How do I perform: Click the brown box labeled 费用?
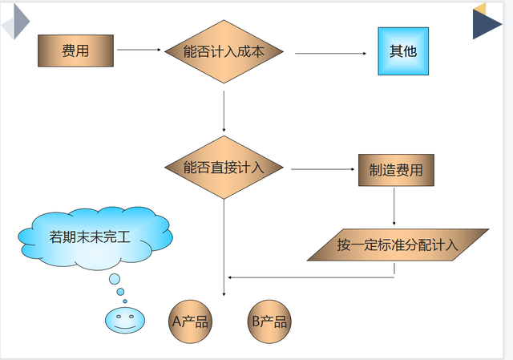click(75, 51)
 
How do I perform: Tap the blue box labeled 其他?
click(403, 51)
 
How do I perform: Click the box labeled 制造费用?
click(396, 170)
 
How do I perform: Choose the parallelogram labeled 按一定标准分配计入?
click(398, 245)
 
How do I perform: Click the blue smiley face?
click(123, 320)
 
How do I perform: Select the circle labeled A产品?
click(190, 322)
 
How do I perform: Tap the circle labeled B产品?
click(269, 322)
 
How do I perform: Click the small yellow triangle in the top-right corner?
click(481, 8)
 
